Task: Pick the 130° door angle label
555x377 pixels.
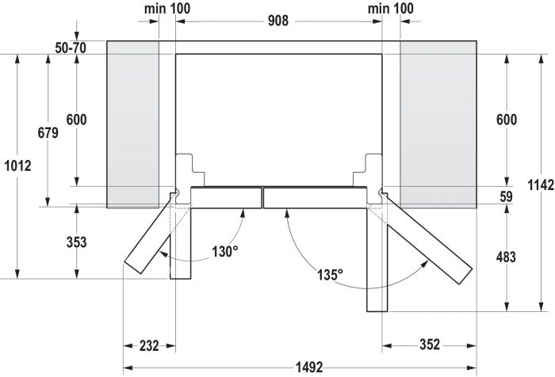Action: click(224, 252)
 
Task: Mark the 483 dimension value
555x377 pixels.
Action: click(505, 257)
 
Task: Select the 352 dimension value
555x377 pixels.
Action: click(427, 345)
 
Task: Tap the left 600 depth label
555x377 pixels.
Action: click(76, 120)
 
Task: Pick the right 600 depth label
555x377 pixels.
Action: click(505, 120)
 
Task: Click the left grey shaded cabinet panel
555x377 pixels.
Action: click(132, 123)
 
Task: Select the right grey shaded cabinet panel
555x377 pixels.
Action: click(438, 123)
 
